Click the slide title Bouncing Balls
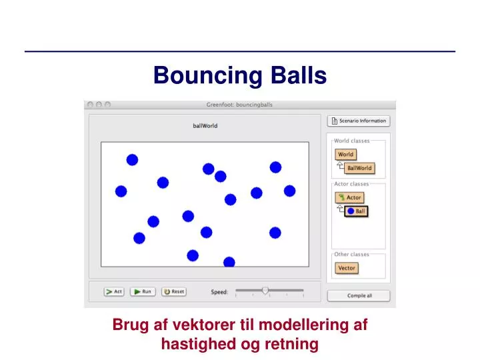click(240, 75)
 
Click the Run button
click(143, 291)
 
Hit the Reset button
click(174, 291)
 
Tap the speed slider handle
click(265, 291)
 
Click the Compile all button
click(359, 296)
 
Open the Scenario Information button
click(359, 121)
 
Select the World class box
click(345, 155)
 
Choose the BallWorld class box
click(359, 168)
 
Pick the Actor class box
click(349, 197)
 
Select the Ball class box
click(356, 211)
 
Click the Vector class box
click(347, 268)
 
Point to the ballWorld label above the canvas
click(205, 125)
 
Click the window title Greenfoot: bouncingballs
click(239, 105)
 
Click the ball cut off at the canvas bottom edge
click(229, 262)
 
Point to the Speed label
click(219, 292)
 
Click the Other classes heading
click(351, 254)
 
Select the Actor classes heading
click(351, 183)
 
